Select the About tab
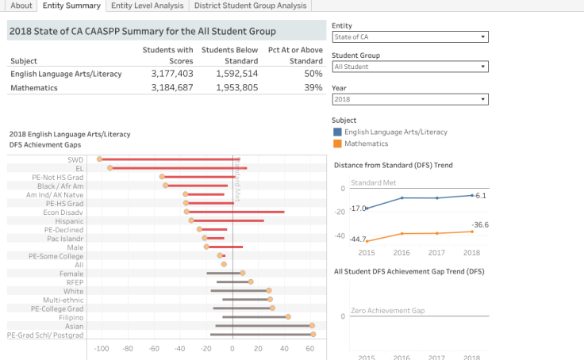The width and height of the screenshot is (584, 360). tap(21, 6)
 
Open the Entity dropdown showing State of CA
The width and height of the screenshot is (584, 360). tap(409, 37)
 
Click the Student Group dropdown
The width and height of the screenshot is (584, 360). tap(409, 67)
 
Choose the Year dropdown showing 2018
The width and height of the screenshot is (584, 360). tap(409, 100)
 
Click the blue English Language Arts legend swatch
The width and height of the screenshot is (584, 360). tap(338, 132)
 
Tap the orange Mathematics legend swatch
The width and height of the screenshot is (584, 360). tap(338, 144)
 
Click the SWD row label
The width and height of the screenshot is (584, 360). tap(76, 159)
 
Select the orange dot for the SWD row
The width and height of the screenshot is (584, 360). tap(99, 159)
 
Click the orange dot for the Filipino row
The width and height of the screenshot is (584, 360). tap(288, 317)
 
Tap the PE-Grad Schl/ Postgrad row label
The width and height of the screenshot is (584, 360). tap(45, 335)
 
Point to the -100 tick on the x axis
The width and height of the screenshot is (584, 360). tap(101, 348)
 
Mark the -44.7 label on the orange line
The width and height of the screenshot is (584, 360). tap(358, 239)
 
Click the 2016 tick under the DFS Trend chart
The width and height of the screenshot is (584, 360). tap(402, 252)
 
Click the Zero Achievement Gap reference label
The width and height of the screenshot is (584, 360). tap(388, 310)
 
